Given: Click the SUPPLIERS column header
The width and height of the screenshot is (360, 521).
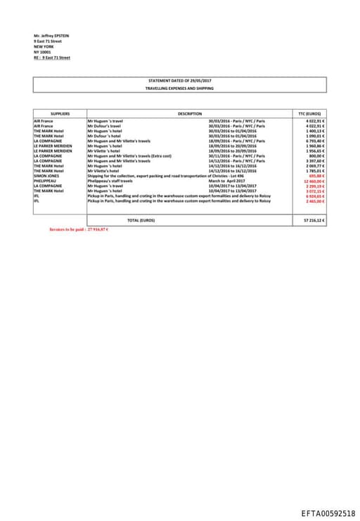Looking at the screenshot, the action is pyautogui.click(x=60, y=113).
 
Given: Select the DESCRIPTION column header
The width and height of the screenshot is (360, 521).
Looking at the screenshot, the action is pyautogui.click(x=190, y=113).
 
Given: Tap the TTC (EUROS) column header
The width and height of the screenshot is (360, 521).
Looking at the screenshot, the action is pyautogui.click(x=309, y=113).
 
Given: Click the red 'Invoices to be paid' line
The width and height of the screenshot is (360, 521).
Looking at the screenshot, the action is pyautogui.click(x=78, y=229).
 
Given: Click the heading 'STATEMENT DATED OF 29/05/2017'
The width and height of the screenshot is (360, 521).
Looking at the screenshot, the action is pyautogui.click(x=180, y=81).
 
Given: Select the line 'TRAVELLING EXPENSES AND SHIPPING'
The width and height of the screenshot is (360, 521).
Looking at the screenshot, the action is pyautogui.click(x=179, y=89).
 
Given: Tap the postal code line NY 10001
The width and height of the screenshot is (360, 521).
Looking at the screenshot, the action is pyautogui.click(x=44, y=52).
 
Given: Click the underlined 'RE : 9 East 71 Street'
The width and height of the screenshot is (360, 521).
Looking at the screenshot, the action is pyautogui.click(x=52, y=58).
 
